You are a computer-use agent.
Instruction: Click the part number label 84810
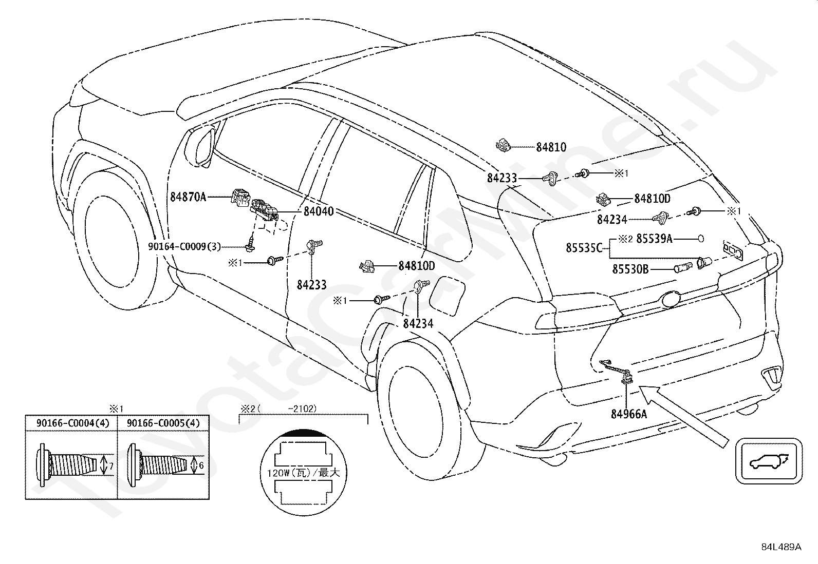(x=551, y=147)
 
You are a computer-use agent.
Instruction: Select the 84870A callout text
(x=188, y=197)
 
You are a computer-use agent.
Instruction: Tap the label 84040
(x=319, y=211)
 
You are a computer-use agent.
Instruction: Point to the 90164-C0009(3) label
(x=184, y=247)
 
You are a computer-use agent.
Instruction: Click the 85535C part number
(x=584, y=248)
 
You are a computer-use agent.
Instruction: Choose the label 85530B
(x=630, y=269)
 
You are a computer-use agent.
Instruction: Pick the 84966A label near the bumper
(x=629, y=414)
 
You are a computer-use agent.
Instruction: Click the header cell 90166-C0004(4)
(x=72, y=423)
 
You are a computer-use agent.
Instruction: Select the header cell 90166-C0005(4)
(x=163, y=423)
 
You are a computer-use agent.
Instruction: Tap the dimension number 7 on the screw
(x=111, y=466)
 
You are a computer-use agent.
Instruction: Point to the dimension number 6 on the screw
(x=201, y=465)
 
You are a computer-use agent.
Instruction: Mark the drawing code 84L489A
(x=781, y=547)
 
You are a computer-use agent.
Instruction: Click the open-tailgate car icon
(x=768, y=461)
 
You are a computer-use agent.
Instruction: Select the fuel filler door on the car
(x=447, y=295)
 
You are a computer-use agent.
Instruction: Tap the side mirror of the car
(x=201, y=145)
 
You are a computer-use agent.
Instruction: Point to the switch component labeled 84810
(x=503, y=145)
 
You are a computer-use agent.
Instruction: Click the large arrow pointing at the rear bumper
(x=683, y=417)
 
